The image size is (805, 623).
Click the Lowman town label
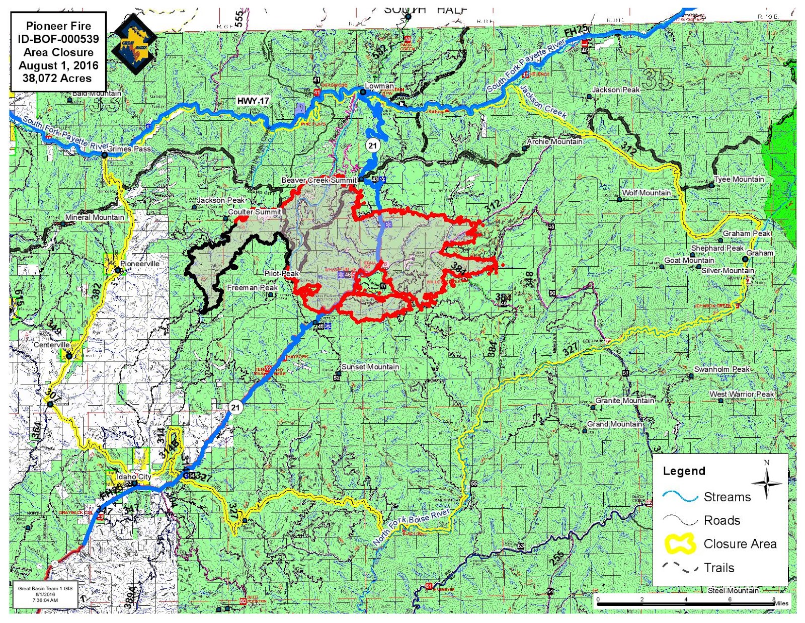coord(379,86)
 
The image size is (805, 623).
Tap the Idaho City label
coord(134,476)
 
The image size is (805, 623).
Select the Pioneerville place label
coord(140,264)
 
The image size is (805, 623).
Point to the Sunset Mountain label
coord(370,367)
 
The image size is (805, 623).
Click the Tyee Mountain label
coord(739,179)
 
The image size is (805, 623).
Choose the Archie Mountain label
coord(554,141)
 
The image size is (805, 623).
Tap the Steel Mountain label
coord(733,590)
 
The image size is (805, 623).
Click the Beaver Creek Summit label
coord(319,180)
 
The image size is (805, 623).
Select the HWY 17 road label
coord(253,101)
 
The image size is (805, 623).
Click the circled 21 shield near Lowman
coord(372,146)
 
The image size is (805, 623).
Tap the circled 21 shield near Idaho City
coord(235,407)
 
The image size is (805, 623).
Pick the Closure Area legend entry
coord(740,544)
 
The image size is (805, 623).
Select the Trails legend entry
coord(719,568)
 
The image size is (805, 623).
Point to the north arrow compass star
coord(767,483)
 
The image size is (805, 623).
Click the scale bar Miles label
coord(781,603)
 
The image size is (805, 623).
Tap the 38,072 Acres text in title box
coord(57,79)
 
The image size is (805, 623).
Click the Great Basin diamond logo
coord(135,44)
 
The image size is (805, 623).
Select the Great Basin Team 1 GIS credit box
coord(45,594)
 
